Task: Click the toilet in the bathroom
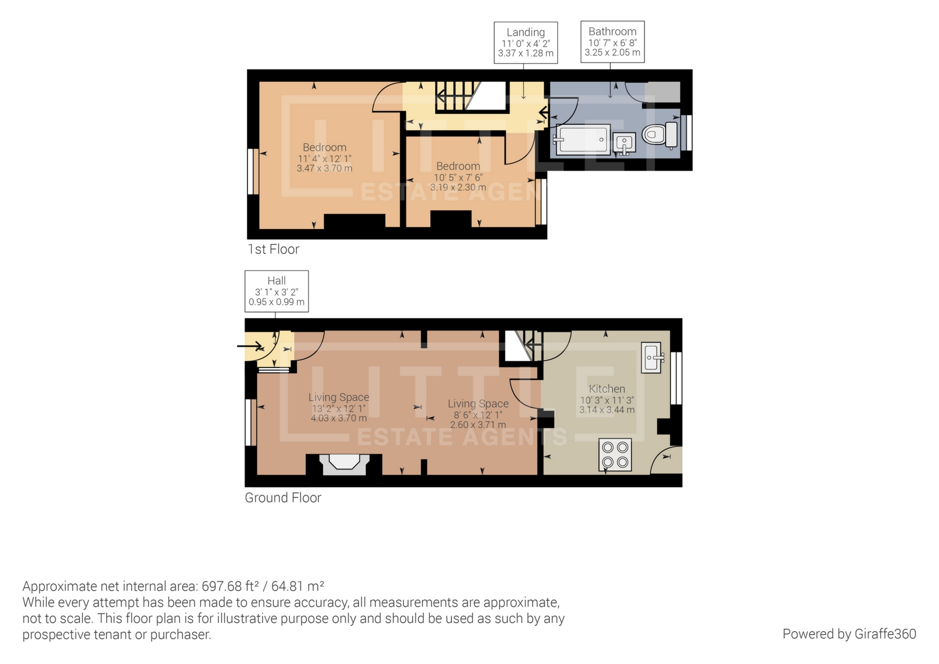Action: coord(660,135)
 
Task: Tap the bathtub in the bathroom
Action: coord(582,139)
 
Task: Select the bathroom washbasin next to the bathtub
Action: coord(624,144)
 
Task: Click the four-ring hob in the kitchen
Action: coord(615,455)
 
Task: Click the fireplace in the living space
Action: coord(344,464)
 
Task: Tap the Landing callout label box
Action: coord(526,43)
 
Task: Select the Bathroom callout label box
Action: coord(612,42)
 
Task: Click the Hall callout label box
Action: coord(276,291)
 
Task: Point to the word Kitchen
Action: coord(607,389)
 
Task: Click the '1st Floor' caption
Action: coord(273,249)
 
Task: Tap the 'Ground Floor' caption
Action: coord(283,498)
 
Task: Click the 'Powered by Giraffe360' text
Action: coord(849,634)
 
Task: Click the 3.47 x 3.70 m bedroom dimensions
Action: coord(324,168)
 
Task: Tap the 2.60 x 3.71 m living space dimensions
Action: coord(478,425)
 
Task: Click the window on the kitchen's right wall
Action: coord(676,378)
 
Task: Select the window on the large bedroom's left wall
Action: coord(253,171)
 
